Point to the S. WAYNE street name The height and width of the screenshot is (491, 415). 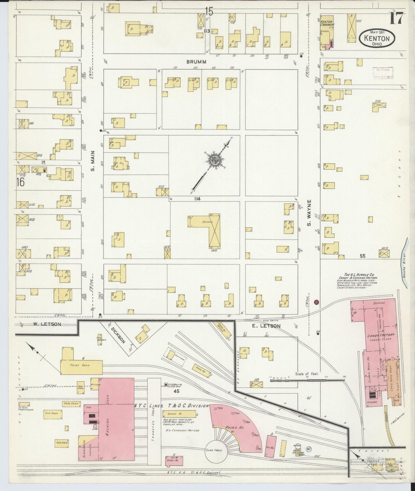[309, 212]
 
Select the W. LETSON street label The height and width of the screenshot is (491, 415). [47, 324]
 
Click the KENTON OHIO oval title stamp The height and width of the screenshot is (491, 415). [377, 38]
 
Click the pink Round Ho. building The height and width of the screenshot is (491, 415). [236, 425]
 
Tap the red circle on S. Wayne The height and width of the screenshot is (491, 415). [316, 302]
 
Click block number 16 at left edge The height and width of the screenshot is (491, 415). [20, 182]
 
